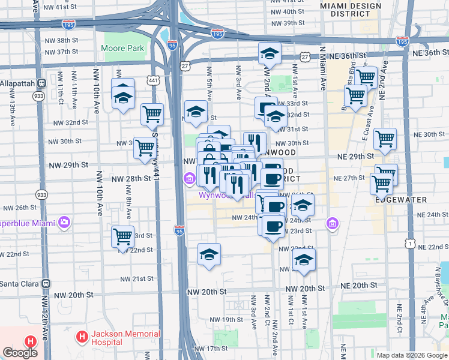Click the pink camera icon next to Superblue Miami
[64, 223]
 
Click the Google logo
[20, 353]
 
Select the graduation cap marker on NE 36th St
[270, 54]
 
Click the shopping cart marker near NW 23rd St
[123, 237]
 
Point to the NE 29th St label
[355, 156]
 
